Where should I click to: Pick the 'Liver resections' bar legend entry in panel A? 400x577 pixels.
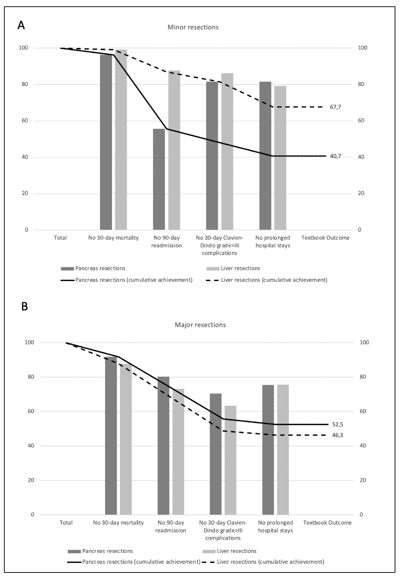click(x=240, y=268)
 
